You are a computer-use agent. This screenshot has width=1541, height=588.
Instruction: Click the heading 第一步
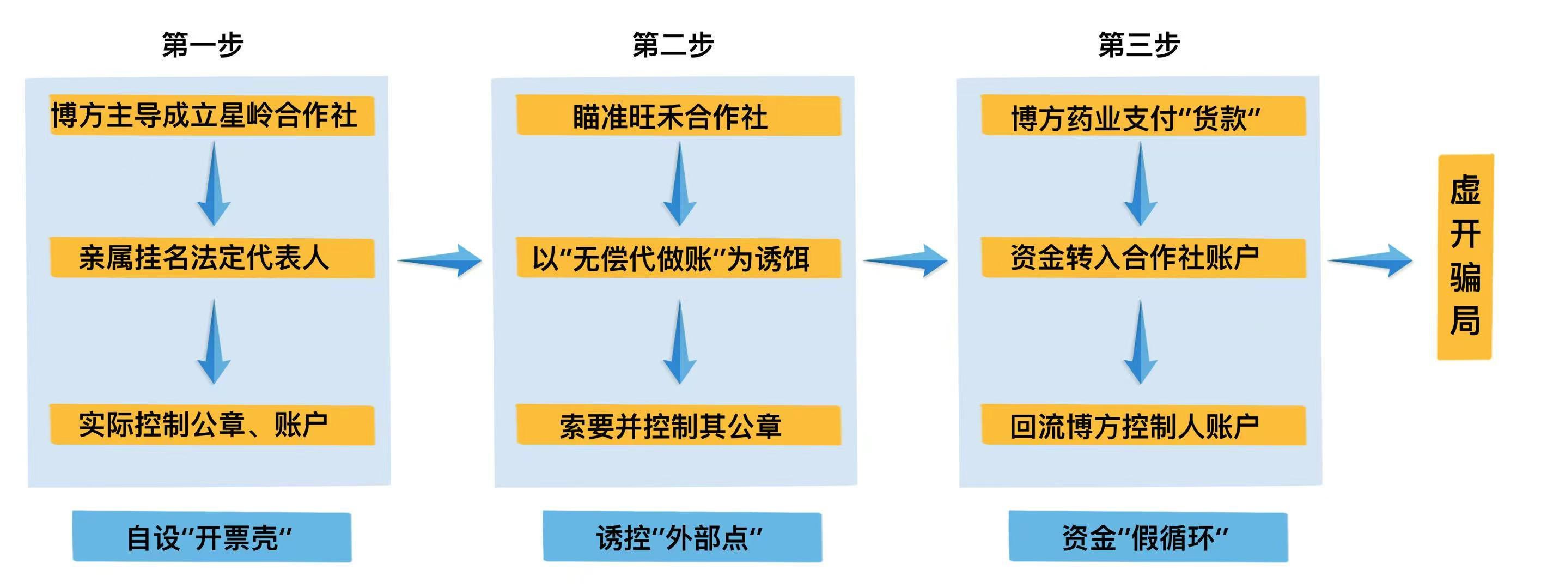(203, 45)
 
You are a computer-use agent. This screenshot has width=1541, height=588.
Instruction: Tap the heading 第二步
(673, 45)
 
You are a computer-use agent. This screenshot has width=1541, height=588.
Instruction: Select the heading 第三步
(1138, 45)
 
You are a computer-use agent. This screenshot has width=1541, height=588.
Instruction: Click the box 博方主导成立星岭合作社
(212, 116)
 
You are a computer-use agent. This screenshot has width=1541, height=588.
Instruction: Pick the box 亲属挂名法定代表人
(212, 258)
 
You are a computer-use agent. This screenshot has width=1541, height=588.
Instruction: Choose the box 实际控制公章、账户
(212, 425)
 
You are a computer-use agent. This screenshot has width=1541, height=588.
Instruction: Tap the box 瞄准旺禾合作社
(678, 116)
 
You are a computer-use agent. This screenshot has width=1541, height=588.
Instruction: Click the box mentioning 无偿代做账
(678, 258)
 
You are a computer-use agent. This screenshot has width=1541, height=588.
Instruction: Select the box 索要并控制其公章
(678, 425)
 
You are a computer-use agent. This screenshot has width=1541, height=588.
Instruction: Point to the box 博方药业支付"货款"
(1143, 116)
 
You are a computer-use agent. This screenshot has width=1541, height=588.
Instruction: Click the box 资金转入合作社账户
(1143, 258)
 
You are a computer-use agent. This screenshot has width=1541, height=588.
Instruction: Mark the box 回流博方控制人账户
(1143, 425)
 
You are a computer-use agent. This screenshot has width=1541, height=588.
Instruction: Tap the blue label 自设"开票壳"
(212, 537)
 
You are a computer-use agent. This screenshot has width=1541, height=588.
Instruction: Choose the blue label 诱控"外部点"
(682, 537)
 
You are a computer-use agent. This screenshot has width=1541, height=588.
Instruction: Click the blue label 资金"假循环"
(1148, 537)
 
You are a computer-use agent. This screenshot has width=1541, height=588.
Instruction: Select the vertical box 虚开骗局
(1464, 257)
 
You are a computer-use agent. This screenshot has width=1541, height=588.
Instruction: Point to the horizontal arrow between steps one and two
(440, 260)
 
